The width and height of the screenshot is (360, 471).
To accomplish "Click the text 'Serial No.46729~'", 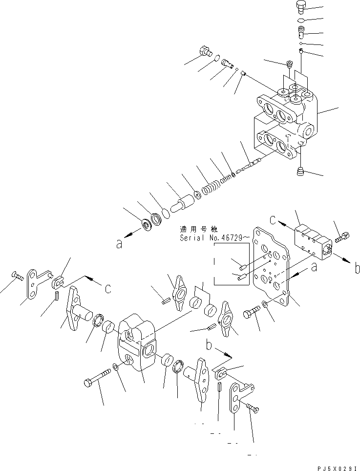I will click(214, 238).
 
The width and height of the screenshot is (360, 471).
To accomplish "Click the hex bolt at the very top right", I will click(301, 7).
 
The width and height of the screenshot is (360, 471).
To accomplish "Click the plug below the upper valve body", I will click(300, 171).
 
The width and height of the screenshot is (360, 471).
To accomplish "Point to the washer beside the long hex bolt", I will click(114, 366).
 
